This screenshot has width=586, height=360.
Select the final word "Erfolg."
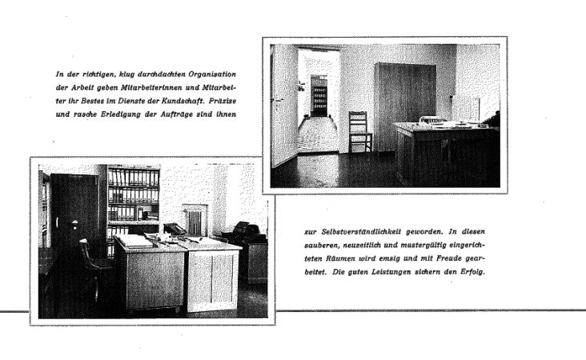(470, 270)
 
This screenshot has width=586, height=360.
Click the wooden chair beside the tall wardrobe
(359, 132)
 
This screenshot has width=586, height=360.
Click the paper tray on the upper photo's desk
(433, 120)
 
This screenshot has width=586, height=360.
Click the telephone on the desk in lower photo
(173, 229)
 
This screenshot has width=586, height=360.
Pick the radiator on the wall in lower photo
(195, 218)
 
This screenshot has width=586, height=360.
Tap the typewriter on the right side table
(244, 231)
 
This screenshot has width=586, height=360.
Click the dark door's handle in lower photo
(57, 222)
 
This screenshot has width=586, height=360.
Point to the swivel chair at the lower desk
(93, 268)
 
